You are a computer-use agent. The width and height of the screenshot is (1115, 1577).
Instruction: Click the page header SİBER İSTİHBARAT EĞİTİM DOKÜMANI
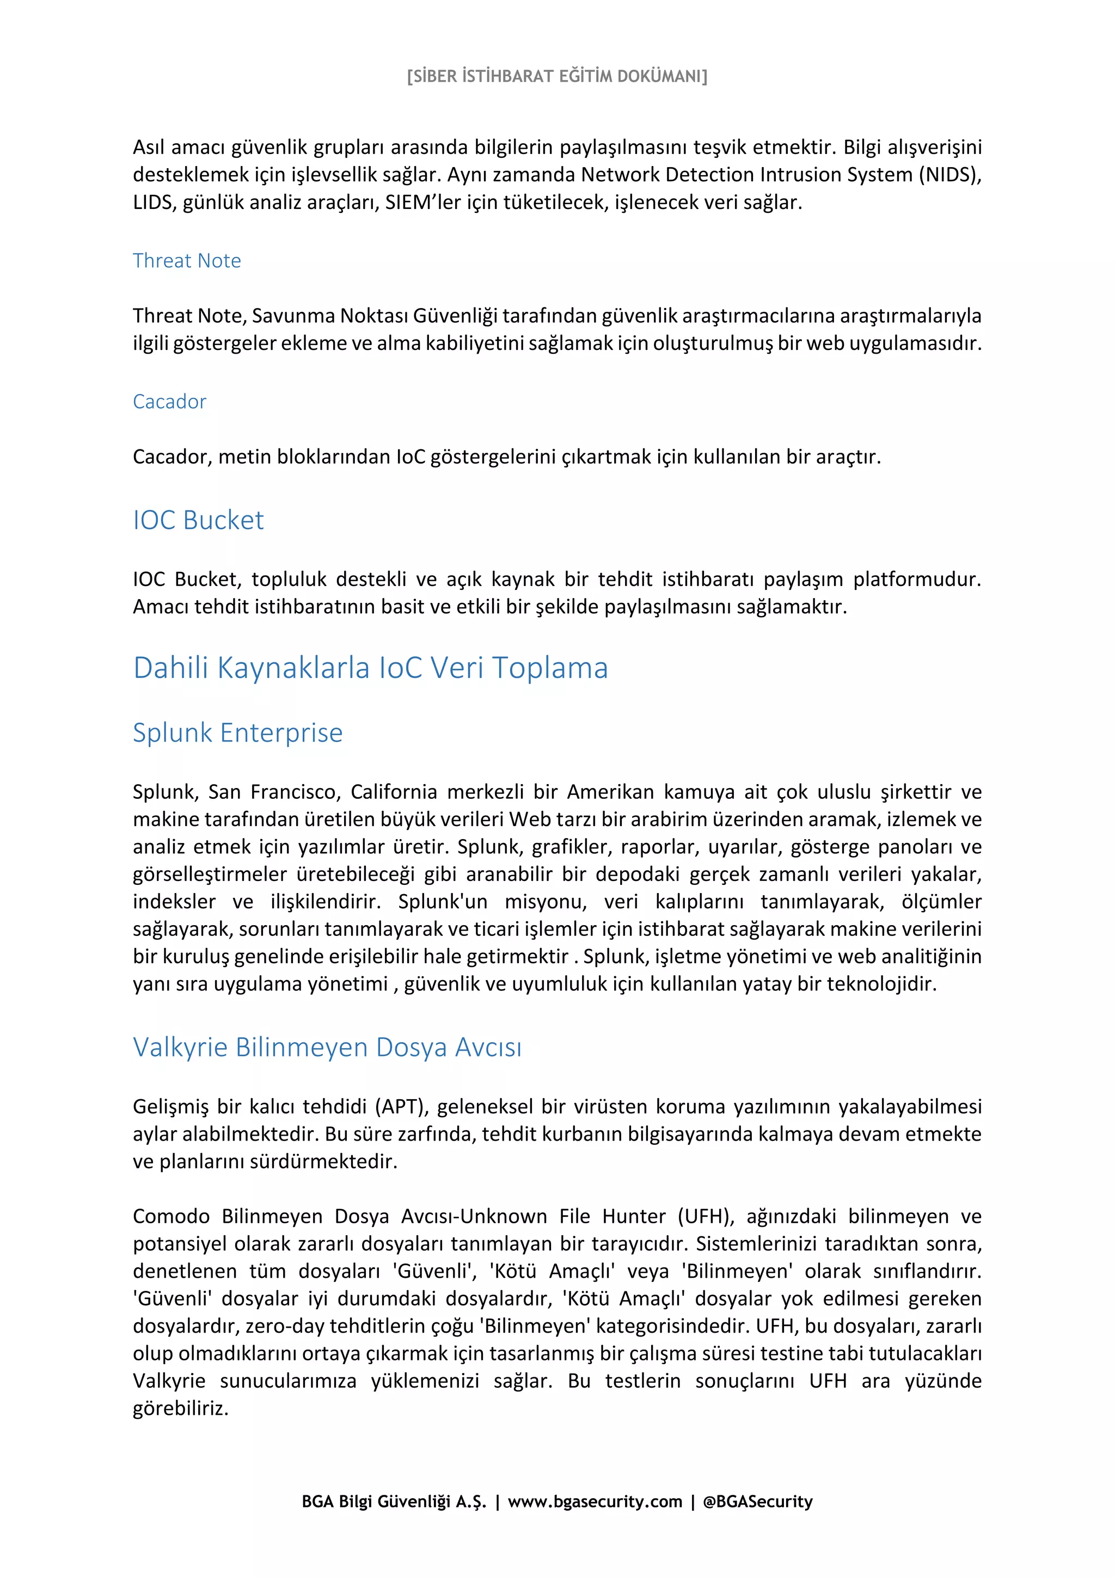point(556,76)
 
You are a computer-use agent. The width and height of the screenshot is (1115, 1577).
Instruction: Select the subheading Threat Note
point(187,261)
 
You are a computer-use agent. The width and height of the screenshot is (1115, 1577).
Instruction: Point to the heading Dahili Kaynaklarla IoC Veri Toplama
point(370,668)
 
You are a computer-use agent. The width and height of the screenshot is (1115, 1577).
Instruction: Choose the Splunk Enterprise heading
point(238,733)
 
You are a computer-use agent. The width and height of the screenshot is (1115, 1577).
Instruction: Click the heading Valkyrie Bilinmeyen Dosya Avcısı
point(327,1048)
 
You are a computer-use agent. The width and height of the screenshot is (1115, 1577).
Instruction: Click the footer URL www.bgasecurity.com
point(595,1501)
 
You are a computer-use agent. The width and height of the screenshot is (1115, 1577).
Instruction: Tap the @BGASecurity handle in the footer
point(757,1501)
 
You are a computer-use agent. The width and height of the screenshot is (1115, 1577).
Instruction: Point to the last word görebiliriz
point(180,1409)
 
